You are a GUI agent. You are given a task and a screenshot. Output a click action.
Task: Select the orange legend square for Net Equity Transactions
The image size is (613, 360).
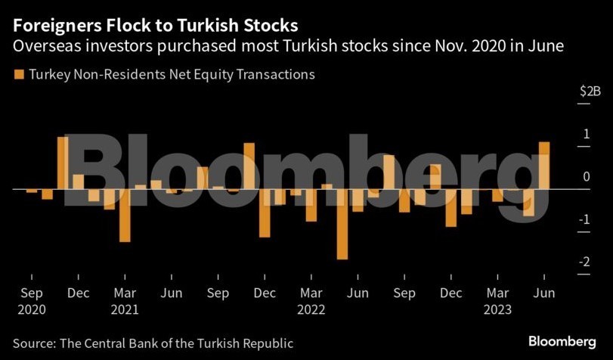point(18,74)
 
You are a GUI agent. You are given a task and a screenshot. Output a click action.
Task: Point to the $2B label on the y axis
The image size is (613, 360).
point(590,92)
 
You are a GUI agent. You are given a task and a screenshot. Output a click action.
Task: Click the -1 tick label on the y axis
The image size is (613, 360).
point(584,219)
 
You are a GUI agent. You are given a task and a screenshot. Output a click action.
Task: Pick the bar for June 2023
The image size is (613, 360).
point(543,164)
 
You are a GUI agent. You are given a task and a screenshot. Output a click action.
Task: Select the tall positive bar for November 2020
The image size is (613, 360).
point(63,162)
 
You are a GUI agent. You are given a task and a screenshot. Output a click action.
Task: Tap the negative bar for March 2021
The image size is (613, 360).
point(125,215)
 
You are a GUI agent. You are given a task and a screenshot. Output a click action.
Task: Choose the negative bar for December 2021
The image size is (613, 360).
point(265,213)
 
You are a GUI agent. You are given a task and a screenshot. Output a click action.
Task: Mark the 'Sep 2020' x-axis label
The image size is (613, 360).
point(31,300)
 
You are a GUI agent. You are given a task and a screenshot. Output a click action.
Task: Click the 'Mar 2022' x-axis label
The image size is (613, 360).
point(311,300)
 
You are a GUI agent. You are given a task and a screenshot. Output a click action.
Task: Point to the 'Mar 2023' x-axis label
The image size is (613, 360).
point(497,300)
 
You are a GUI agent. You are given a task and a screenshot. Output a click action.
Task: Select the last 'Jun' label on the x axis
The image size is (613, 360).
point(543,293)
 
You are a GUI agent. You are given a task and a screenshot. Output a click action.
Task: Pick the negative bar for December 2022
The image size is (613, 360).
point(451,206)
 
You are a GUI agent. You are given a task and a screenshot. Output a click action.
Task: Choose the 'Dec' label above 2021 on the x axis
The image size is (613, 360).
point(265,293)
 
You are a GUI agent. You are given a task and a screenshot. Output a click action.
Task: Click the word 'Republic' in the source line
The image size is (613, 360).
point(267,343)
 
